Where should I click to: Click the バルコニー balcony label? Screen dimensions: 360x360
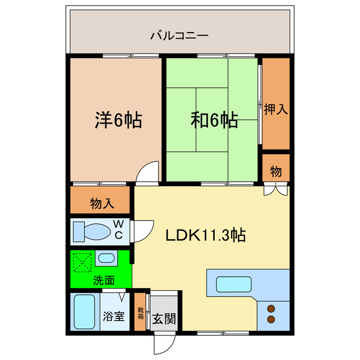(x=179, y=35)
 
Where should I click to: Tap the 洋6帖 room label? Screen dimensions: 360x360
(x=116, y=120)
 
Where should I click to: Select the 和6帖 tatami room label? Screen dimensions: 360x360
(x=214, y=120)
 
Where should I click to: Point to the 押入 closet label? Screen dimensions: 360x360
(x=276, y=109)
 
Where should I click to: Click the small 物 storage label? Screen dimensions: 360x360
(x=276, y=172)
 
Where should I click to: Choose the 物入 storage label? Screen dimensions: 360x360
(x=101, y=204)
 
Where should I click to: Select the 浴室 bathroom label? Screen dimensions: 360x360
(x=113, y=316)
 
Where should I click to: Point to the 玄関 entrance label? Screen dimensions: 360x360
(x=164, y=319)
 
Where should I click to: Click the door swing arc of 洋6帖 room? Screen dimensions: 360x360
(x=147, y=171)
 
